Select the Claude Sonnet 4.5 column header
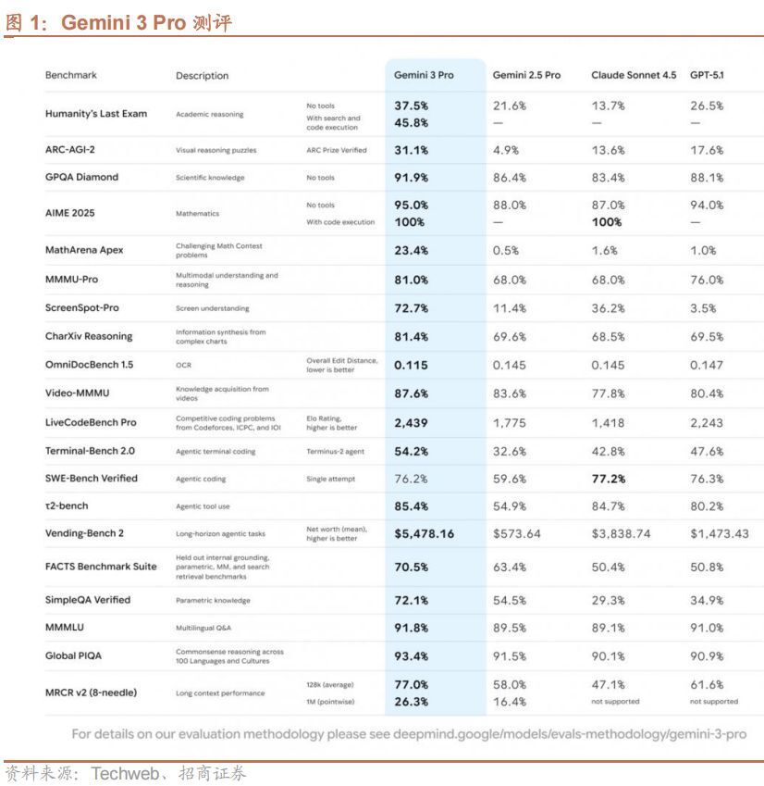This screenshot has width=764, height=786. pos(634,75)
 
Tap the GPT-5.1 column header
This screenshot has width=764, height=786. pos(707,75)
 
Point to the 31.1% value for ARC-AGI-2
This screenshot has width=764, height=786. pos(411,150)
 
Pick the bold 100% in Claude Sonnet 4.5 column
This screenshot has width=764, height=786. pos(608,222)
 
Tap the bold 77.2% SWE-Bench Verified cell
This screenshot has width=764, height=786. pos(609,479)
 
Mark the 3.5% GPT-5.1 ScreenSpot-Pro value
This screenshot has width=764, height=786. pos(705,307)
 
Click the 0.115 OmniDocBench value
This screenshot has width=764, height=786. pos(411,365)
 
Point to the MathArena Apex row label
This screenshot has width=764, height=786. pos(84,250)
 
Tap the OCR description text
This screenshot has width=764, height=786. pos(183,365)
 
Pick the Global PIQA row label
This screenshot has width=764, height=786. pos(75,655)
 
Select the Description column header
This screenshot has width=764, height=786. pos(202,76)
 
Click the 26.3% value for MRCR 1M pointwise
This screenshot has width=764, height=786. pos(411,702)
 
